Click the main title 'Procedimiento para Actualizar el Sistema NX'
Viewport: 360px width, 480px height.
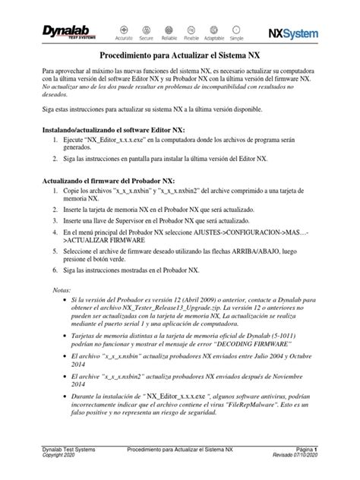pos(180,56)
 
